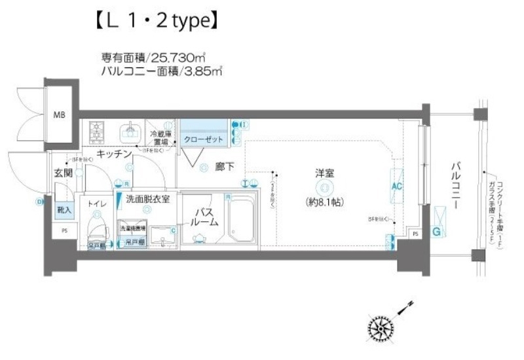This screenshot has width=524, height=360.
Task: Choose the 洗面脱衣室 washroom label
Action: [x=148, y=199]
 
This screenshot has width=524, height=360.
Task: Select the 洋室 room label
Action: [x=325, y=173]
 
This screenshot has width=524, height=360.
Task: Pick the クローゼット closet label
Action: [x=204, y=139]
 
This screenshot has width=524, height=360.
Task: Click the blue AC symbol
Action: [x=397, y=186]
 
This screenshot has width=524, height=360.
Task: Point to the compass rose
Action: [x=381, y=327]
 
